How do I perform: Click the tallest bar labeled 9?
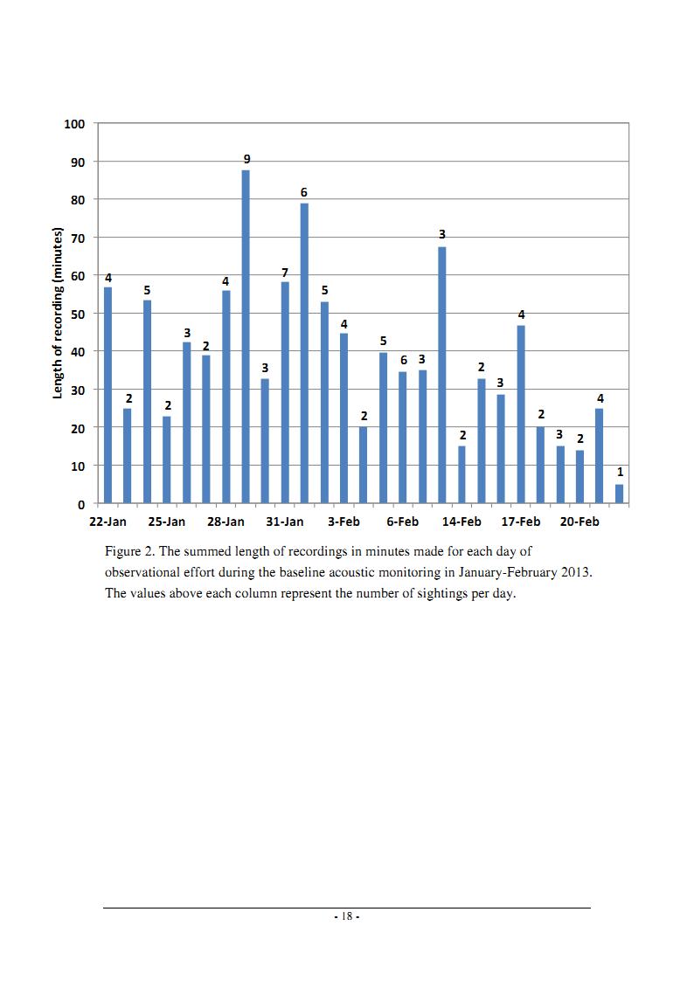(246, 336)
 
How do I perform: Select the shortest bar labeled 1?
(620, 494)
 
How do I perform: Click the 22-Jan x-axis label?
(108, 522)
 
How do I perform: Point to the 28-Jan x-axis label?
(226, 522)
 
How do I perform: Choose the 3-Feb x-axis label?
(344, 522)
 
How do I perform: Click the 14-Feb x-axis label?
(462, 522)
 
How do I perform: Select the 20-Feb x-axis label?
(579, 522)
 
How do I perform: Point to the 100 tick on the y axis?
(74, 124)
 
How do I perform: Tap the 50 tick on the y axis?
(78, 314)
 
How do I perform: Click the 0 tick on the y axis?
(81, 504)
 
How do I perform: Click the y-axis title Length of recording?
(58, 313)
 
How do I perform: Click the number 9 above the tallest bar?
(247, 160)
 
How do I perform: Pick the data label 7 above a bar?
(285, 273)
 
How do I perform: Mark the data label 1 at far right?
(621, 473)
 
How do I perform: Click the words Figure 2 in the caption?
(129, 552)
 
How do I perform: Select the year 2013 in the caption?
(576, 572)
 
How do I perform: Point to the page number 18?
(347, 916)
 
